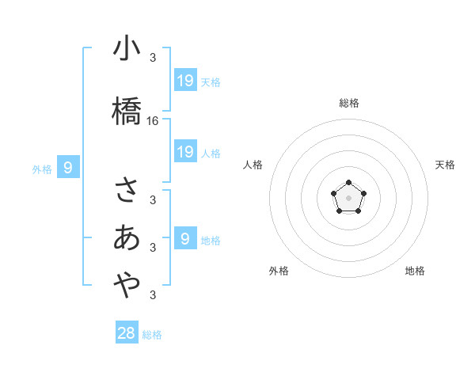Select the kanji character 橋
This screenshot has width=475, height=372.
click(127, 111)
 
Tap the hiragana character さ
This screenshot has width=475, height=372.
click(127, 190)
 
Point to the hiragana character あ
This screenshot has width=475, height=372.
click(127, 237)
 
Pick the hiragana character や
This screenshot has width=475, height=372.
click(127, 286)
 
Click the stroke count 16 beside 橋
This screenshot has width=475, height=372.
click(153, 121)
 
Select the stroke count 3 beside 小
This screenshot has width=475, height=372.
click(152, 58)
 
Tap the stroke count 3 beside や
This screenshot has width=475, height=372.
click(152, 295)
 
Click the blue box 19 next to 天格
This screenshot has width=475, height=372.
click(185, 81)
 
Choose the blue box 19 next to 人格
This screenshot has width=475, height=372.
click(185, 152)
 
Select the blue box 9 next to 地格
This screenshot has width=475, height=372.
click(185, 239)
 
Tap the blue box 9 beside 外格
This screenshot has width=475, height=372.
click(68, 167)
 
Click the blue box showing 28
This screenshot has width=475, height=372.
click(127, 333)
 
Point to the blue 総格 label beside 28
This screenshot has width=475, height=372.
click(152, 335)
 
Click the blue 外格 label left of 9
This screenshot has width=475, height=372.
click(42, 169)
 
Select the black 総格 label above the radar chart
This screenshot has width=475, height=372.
click(349, 103)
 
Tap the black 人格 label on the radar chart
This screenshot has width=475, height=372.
click(253, 165)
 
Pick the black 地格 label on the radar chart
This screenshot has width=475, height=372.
click(415, 271)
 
